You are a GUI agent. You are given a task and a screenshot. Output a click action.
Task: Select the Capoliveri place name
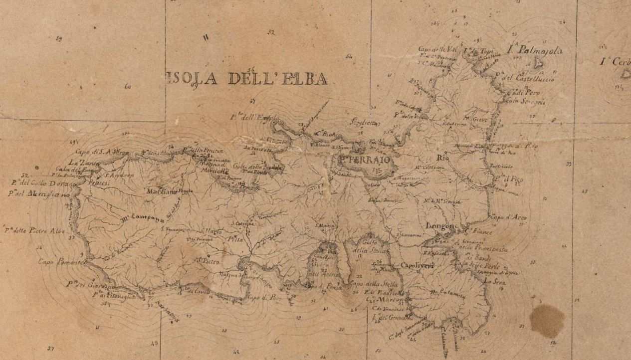(416, 266)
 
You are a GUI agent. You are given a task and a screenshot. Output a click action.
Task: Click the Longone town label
(442, 226)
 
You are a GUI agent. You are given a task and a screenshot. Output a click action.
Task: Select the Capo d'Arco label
(509, 217)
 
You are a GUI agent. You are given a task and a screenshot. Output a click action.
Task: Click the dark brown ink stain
(547, 320)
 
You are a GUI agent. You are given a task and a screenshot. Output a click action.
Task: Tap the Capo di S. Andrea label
(95, 152)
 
